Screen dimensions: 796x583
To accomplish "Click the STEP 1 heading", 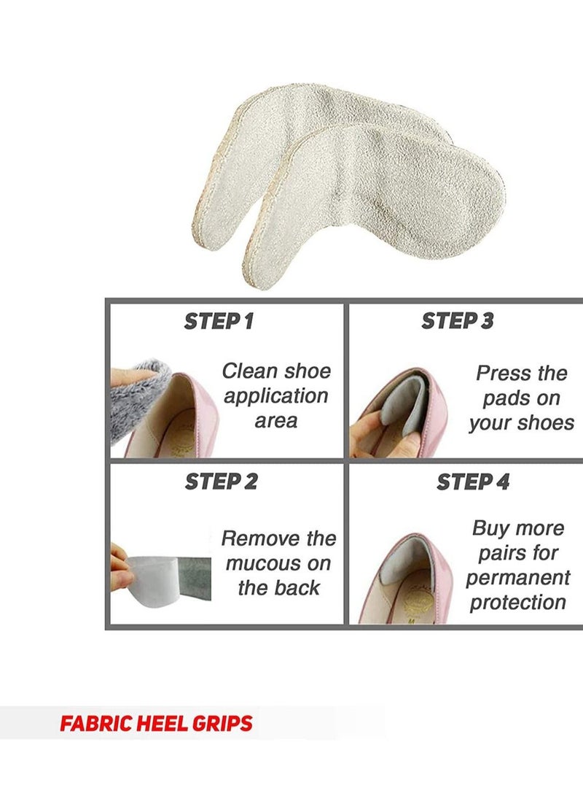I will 219,321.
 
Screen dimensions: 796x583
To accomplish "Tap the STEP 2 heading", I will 221,482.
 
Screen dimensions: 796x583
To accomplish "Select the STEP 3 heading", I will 456,321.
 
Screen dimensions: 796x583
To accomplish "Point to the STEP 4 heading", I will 473,482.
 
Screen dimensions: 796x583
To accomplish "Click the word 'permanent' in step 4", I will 518,578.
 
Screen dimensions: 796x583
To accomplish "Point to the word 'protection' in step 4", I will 517,603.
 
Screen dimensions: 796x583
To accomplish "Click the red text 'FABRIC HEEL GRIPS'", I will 156,724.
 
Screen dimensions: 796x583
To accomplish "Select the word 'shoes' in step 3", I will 543,423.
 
